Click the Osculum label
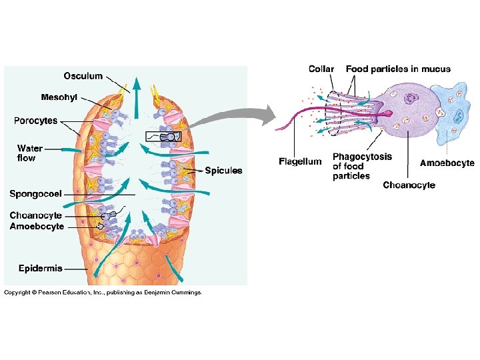(83, 75)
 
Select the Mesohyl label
(59, 97)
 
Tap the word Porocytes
(36, 121)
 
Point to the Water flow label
(29, 153)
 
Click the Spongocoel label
(35, 194)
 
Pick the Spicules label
(223, 171)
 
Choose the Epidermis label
(40, 269)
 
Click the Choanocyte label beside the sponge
(35, 215)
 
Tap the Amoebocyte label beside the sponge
(37, 226)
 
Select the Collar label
(321, 69)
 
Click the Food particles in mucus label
(398, 69)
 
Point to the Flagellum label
(299, 161)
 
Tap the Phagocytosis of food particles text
(361, 167)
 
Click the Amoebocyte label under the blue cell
(447, 163)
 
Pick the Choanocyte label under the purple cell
(409, 185)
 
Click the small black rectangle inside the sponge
(162, 137)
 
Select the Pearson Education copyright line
(103, 292)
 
